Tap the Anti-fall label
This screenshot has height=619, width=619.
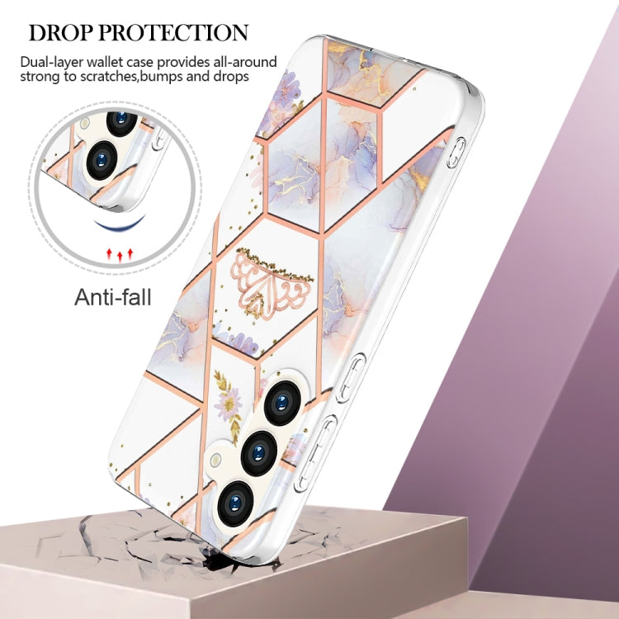tap(113, 297)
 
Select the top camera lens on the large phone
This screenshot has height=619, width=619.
tap(281, 401)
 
